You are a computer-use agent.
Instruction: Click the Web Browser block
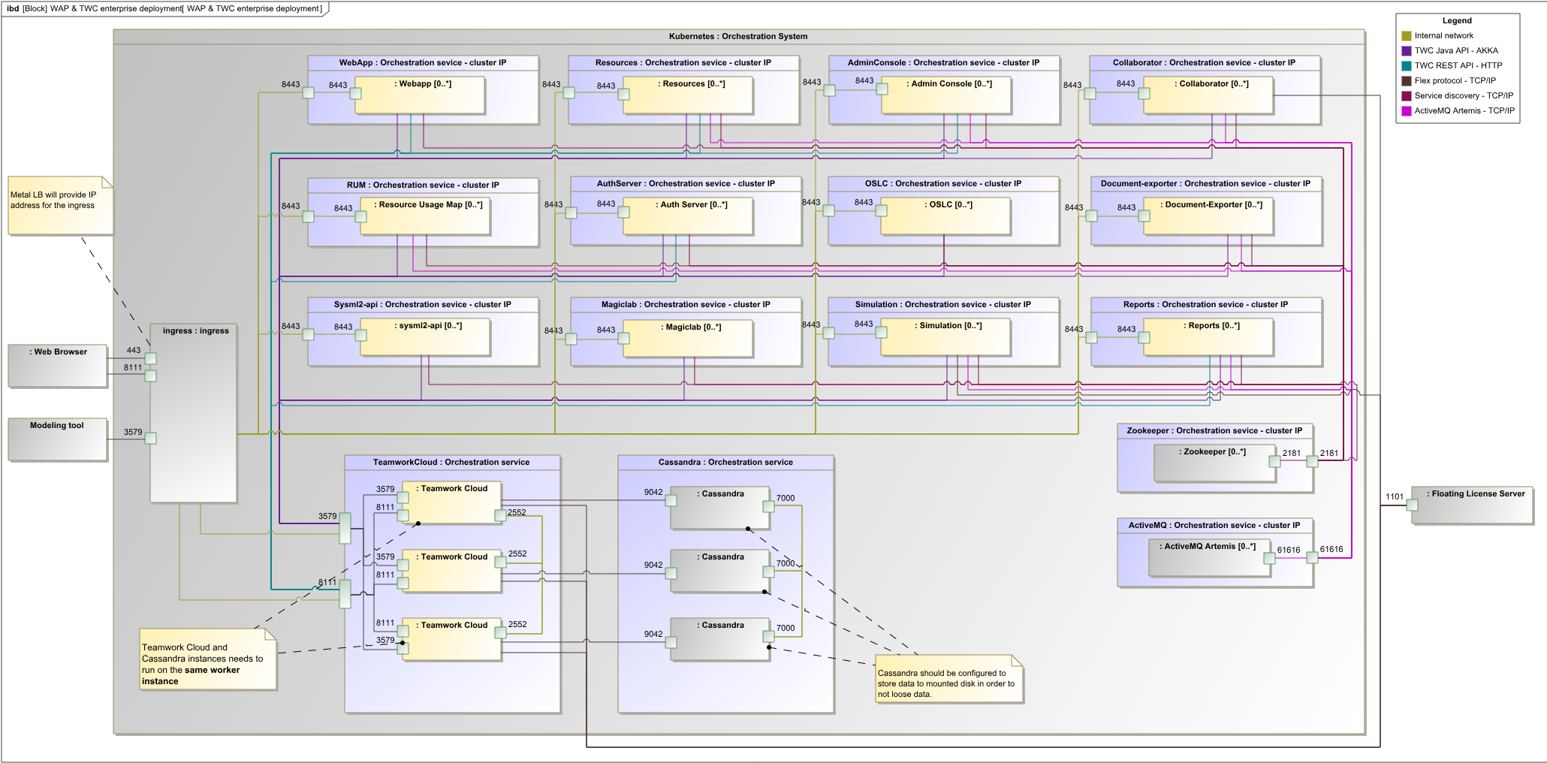click(x=58, y=366)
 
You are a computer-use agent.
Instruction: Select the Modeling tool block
click(x=58, y=439)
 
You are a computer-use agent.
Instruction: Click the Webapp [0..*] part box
click(x=420, y=95)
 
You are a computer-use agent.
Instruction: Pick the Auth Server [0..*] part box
click(x=688, y=216)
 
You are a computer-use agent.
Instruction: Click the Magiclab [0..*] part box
click(x=688, y=339)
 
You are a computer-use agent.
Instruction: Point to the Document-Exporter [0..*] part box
click(x=1208, y=216)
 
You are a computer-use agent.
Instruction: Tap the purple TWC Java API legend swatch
click(x=1407, y=51)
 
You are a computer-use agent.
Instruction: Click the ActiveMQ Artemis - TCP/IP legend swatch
click(x=1407, y=111)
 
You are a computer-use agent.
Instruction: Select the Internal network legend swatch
click(x=1407, y=36)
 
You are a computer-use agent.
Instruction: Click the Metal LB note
click(x=60, y=205)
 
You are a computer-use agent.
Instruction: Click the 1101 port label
click(x=1394, y=496)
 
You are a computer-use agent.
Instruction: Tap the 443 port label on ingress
click(x=134, y=350)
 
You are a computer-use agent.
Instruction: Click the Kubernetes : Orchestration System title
click(x=738, y=36)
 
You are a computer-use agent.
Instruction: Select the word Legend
click(x=1457, y=21)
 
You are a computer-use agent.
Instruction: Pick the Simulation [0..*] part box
click(x=945, y=337)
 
